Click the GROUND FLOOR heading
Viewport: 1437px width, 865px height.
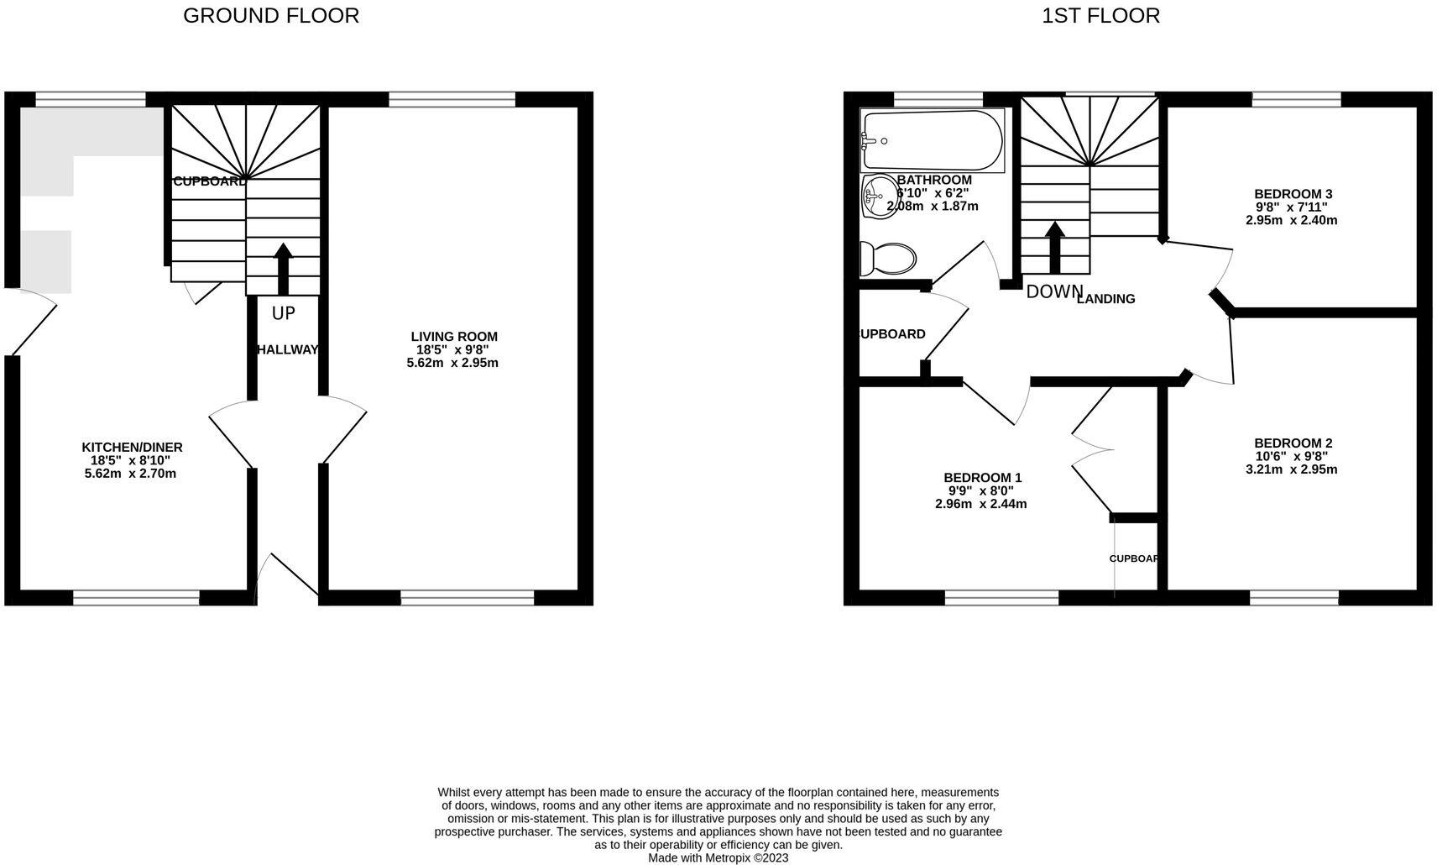[270, 16]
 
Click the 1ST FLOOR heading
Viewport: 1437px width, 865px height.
[1100, 16]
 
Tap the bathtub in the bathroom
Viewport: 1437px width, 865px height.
[933, 141]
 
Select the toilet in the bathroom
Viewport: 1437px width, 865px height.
[889, 259]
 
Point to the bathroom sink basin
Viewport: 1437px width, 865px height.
[877, 197]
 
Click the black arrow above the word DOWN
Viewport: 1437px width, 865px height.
[1054, 246]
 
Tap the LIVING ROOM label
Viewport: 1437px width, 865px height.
[454, 337]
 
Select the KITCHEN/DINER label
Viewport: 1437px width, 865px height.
[132, 448]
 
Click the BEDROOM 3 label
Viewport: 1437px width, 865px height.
[1293, 194]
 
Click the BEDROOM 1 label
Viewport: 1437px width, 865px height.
[982, 478]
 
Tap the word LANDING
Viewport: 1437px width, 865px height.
[1106, 299]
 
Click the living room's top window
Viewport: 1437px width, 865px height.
[452, 100]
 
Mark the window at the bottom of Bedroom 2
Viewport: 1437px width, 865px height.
[1293, 597]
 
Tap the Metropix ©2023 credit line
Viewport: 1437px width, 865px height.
[718, 858]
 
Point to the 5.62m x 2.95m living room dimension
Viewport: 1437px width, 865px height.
[452, 364]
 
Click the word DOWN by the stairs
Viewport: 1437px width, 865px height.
[1054, 292]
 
